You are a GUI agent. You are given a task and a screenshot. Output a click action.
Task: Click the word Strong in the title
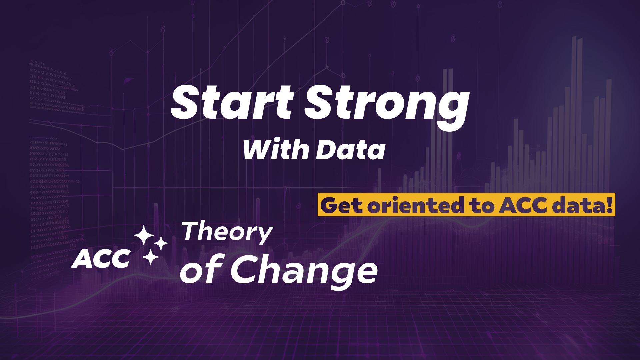coord(387,103)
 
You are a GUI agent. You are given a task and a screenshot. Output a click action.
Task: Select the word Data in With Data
coord(350,150)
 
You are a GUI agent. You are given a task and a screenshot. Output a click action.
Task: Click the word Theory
coord(227,232)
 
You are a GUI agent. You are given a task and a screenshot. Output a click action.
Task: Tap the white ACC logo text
coord(101,259)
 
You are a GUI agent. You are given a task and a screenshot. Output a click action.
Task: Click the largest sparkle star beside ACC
coord(144,235)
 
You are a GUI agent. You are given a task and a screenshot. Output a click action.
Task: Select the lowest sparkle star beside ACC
coord(150,257)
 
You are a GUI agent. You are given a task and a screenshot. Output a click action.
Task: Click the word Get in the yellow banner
coord(342,205)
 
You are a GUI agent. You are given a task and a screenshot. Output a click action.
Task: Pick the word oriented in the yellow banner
coord(415,205)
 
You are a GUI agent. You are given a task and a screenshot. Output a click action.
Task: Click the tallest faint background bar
coord(574,100)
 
